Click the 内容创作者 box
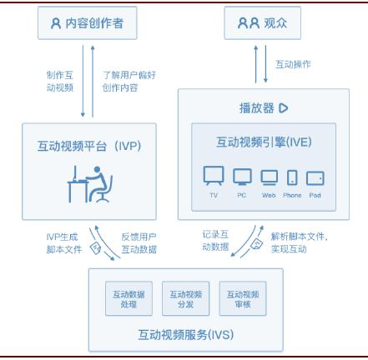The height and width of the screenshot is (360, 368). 88,23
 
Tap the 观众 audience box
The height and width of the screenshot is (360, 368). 263,23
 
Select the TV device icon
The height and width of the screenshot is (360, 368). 214,176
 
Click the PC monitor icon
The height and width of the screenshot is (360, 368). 242,177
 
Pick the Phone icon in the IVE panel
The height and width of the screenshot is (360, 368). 292,177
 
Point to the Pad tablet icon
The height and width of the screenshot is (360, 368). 315,178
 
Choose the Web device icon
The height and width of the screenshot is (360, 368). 269,177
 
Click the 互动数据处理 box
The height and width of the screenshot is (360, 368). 129,298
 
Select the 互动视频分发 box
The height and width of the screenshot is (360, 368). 186,298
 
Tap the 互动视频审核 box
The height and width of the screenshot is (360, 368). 243,298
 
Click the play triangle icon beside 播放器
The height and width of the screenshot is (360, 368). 284,108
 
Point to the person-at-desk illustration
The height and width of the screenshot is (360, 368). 90,184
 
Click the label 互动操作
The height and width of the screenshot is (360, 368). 293,64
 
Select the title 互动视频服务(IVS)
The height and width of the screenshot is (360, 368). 186,335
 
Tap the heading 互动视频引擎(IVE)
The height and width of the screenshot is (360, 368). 264,142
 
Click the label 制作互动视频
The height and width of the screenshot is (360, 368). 60,82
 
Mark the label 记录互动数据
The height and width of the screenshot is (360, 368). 215,241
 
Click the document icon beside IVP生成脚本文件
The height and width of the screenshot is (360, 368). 95,247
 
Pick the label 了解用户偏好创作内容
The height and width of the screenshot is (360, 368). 129,82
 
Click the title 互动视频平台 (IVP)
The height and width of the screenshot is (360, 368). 89,146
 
